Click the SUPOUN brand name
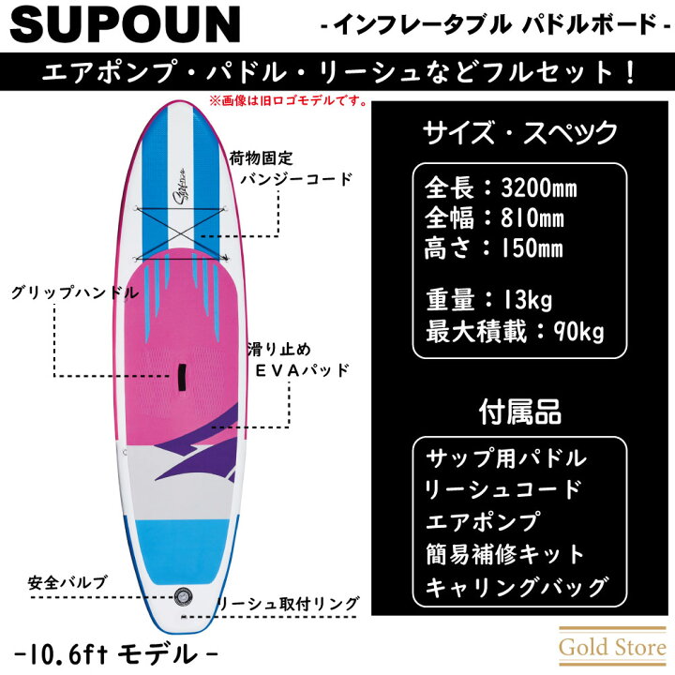click(125, 24)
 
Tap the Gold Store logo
click(612, 648)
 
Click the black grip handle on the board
click(182, 377)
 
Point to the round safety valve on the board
click(184, 596)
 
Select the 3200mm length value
click(538, 188)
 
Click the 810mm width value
click(532, 217)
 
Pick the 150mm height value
click(532, 248)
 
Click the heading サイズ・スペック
click(520, 132)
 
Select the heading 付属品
click(520, 412)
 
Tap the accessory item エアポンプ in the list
click(482, 521)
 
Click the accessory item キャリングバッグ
click(517, 586)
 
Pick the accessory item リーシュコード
click(502, 489)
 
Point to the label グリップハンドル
click(75, 292)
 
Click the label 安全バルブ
click(67, 582)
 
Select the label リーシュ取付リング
click(288, 604)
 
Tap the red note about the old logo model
click(288, 101)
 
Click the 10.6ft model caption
click(116, 654)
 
